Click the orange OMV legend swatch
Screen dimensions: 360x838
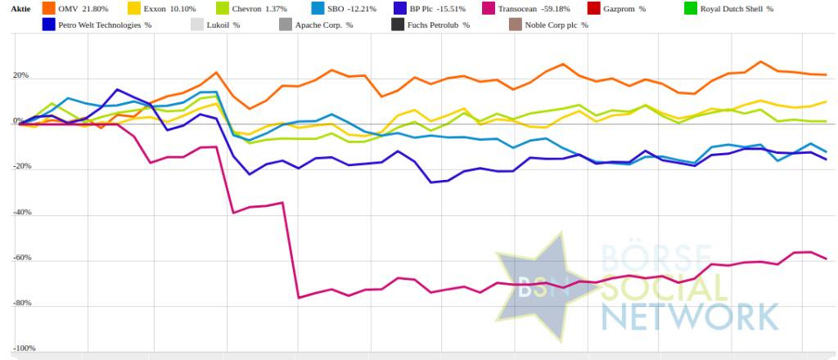click(x=48, y=8)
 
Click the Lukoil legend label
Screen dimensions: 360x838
click(x=223, y=25)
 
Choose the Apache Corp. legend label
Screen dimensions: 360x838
click(x=326, y=25)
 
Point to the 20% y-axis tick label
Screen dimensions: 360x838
click(x=20, y=76)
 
